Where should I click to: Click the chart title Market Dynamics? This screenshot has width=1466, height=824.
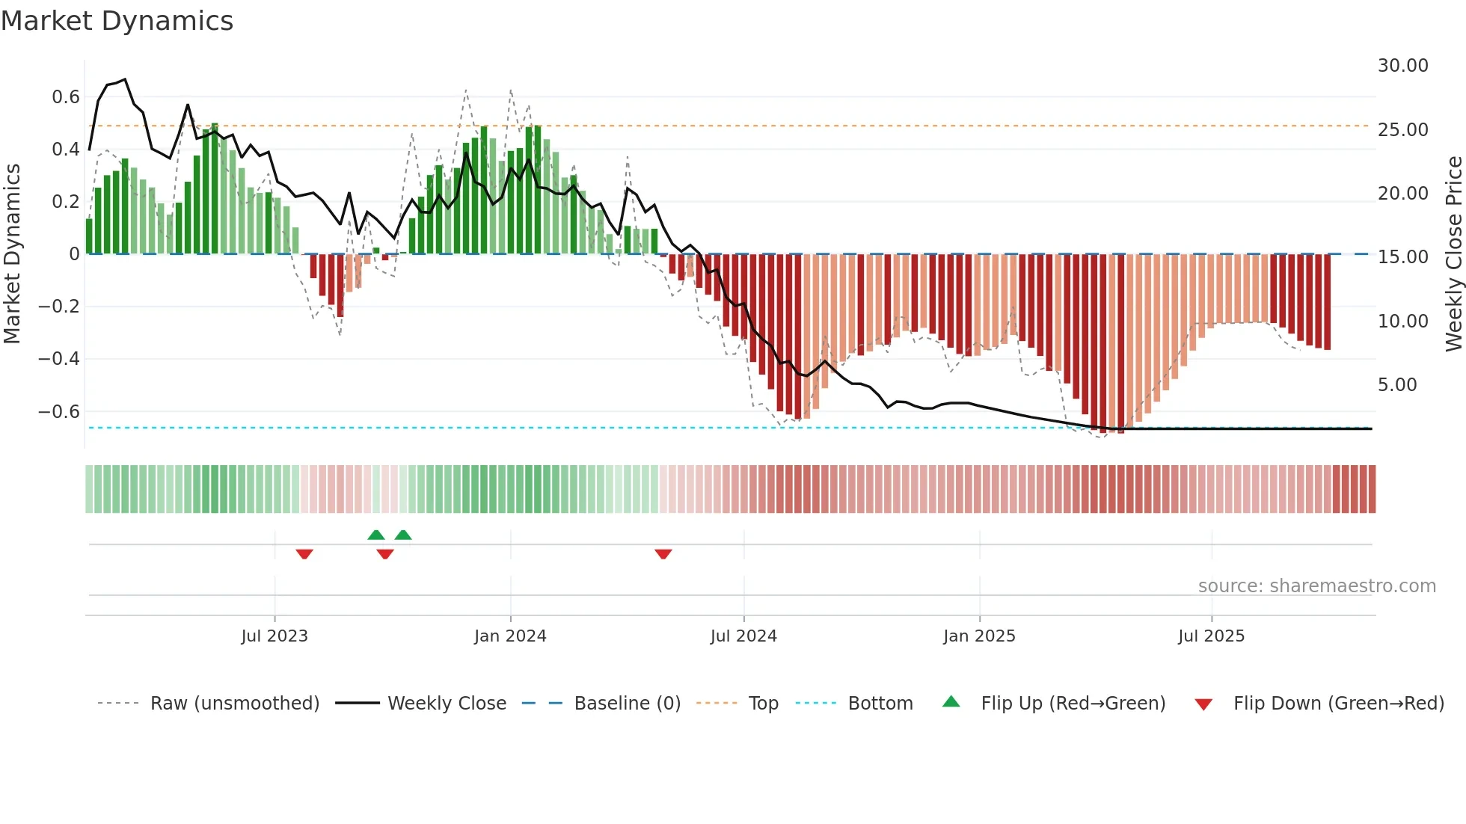pyautogui.click(x=117, y=21)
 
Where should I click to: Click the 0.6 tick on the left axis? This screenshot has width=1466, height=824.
pyautogui.click(x=66, y=97)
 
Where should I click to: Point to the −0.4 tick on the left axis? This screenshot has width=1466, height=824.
pyautogui.click(x=59, y=359)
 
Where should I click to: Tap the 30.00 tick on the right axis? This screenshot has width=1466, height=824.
pyautogui.click(x=1402, y=66)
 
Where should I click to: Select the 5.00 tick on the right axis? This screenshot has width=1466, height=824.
pyautogui.click(x=1397, y=385)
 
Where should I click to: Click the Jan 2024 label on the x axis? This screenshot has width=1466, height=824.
pyautogui.click(x=510, y=636)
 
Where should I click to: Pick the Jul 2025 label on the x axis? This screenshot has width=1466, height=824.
pyautogui.click(x=1211, y=636)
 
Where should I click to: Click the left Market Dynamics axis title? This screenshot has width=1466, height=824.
pyautogui.click(x=12, y=254)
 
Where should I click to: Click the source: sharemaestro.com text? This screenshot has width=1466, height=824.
pyautogui.click(x=1316, y=586)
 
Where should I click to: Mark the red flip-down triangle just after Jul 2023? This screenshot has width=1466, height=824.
pyautogui.click(x=304, y=554)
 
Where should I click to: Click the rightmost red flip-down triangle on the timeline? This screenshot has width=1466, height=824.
pyautogui.click(x=663, y=554)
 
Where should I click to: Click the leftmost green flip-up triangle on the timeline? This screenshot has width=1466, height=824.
pyautogui.click(x=376, y=535)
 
